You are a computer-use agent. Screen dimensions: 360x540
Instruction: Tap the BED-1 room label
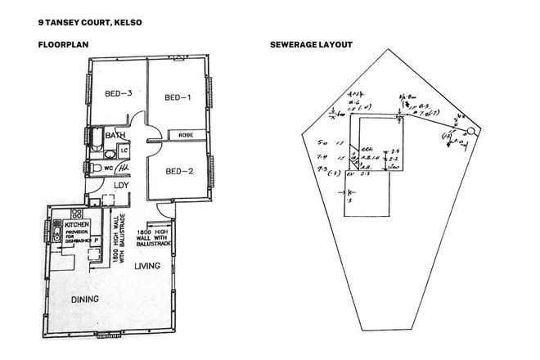[178, 98]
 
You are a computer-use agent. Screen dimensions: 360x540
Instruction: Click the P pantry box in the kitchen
[97, 242]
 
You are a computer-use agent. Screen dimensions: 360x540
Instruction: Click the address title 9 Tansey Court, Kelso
[84, 22]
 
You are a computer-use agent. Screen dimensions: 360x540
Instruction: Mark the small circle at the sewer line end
[470, 131]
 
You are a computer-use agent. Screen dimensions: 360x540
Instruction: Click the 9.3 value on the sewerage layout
[322, 169]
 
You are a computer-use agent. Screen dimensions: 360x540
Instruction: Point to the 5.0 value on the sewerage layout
[322, 141]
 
